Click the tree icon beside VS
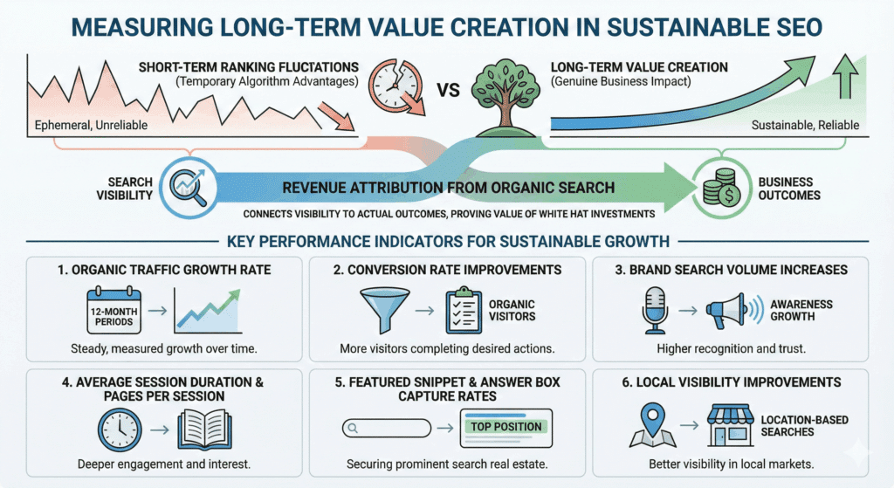pos(499,93)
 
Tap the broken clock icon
pos(395,89)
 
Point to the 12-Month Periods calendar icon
pos(113,311)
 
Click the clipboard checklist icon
pos(464,311)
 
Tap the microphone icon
pos(655,309)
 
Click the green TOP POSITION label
pos(505,428)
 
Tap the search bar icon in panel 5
pos(387,428)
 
